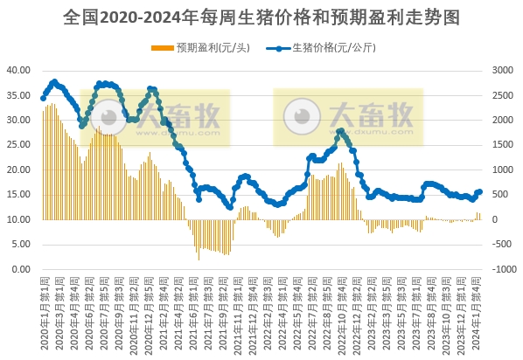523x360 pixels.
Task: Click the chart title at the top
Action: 261,17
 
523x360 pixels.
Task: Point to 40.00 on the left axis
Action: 18,69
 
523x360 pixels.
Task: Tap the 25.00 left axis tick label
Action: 18,144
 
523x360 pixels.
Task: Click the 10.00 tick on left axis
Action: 18,219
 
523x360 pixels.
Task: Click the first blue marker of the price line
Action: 43,98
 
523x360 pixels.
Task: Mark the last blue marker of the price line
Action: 479,191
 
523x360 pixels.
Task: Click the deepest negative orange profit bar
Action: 199,259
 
